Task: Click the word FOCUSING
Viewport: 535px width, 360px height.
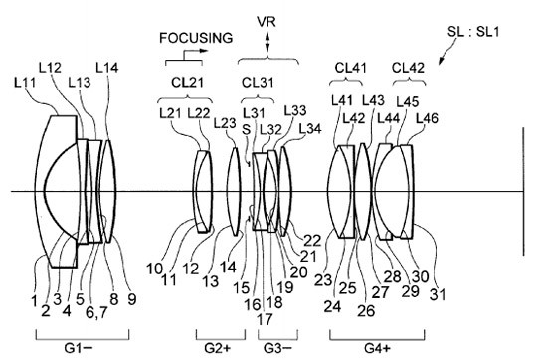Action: (x=196, y=37)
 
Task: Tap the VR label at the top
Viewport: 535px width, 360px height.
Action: (x=267, y=22)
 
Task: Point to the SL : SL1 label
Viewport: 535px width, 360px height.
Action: (x=473, y=32)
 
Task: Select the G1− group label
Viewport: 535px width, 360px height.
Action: (x=79, y=348)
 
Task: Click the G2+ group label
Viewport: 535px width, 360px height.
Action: (x=218, y=348)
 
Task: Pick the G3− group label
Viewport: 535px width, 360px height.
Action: (x=278, y=348)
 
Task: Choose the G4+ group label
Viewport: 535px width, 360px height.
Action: (x=377, y=348)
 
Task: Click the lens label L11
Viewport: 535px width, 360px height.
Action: (x=25, y=82)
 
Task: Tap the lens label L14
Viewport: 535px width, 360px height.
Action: (x=107, y=68)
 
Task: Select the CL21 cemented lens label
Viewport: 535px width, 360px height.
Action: (x=187, y=82)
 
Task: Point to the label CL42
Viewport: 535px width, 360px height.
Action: (x=408, y=68)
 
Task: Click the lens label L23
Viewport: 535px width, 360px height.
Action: (x=225, y=123)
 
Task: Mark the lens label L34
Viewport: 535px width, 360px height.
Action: (x=310, y=129)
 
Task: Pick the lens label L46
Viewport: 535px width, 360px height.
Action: (x=427, y=118)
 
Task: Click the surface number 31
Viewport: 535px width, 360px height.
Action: (x=438, y=294)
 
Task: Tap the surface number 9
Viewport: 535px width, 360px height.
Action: (x=131, y=299)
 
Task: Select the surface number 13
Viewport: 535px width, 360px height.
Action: (x=210, y=281)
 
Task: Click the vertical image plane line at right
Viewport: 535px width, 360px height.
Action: (x=524, y=191)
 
